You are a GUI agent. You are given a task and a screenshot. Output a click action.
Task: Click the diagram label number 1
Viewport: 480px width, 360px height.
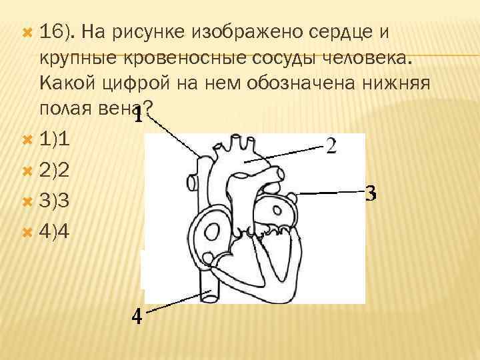pyautogui.click(x=138, y=117)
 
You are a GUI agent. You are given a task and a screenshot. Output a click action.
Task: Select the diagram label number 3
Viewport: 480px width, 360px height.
pyautogui.click(x=371, y=195)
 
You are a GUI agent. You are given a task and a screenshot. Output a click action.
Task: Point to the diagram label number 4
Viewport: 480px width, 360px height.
pyautogui.click(x=136, y=317)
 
